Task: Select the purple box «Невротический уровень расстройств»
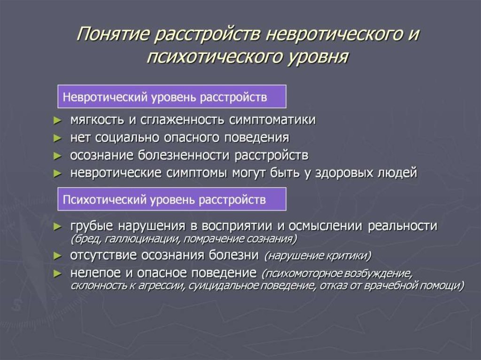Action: (171, 97)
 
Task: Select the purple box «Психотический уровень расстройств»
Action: (171, 199)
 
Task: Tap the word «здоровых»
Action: (349, 173)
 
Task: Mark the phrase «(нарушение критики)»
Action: (318, 256)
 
